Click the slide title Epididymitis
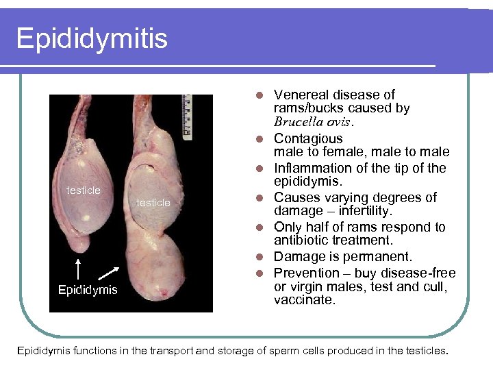click(92, 38)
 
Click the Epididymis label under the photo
click(88, 290)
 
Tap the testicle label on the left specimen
click(83, 190)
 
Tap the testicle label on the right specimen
click(153, 202)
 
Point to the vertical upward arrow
click(79, 269)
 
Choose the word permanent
click(379, 257)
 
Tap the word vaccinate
click(305, 300)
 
